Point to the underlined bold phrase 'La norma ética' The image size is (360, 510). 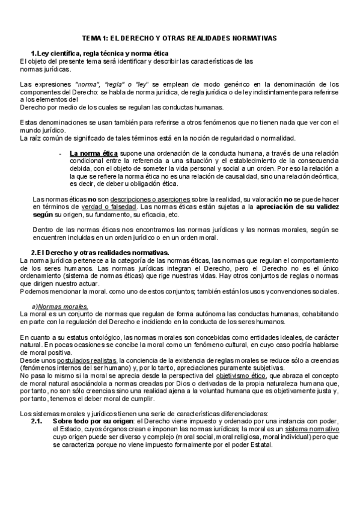pos(93,153)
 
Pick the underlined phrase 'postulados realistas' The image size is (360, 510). pos(66,359)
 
